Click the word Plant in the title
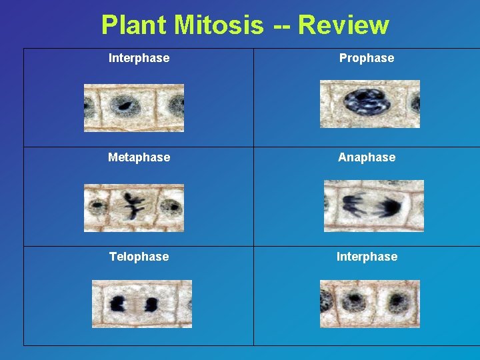click(x=134, y=25)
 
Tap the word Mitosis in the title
click(x=219, y=25)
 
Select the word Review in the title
click(x=343, y=25)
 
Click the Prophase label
click(x=367, y=58)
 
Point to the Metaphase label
click(x=139, y=157)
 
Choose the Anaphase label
click(x=367, y=157)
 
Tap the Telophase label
click(x=139, y=257)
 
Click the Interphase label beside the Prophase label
click(x=139, y=58)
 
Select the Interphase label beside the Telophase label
click(x=367, y=257)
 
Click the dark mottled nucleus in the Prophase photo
click(x=361, y=103)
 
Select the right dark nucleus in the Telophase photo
click(x=151, y=305)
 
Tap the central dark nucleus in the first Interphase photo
click(x=123, y=105)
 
